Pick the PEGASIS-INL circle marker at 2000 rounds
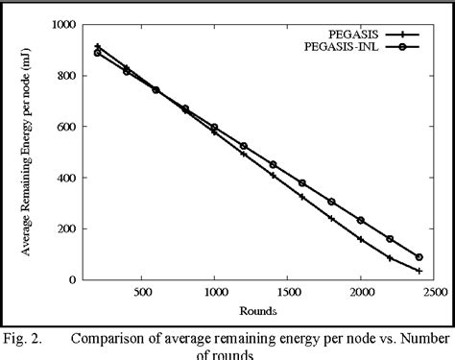[x=361, y=220]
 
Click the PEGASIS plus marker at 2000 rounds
[x=361, y=239]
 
